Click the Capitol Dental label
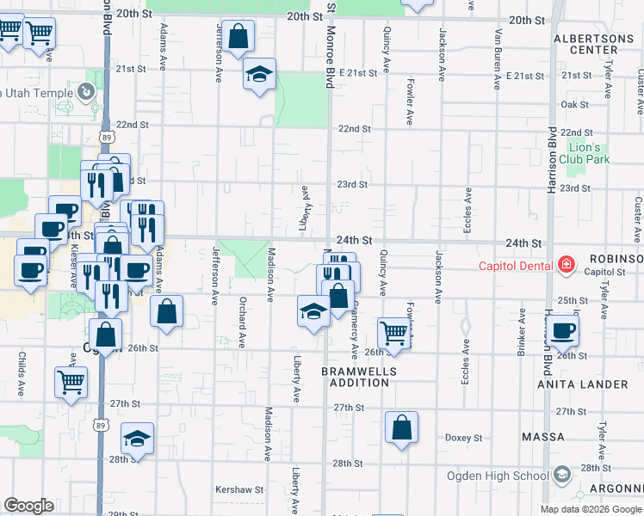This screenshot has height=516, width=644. pyautogui.click(x=517, y=266)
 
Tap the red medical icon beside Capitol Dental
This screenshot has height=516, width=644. pyautogui.click(x=566, y=265)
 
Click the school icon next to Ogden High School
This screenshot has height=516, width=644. pyautogui.click(x=562, y=475)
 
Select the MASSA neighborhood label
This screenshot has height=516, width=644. pyautogui.click(x=543, y=437)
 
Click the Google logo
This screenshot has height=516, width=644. pyautogui.click(x=28, y=506)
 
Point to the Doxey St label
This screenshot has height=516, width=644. pyautogui.click(x=464, y=438)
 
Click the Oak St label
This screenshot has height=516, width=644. pyautogui.click(x=574, y=104)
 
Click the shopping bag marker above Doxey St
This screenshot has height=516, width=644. pyautogui.click(x=401, y=427)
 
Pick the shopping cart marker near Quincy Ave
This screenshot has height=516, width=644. pyautogui.click(x=393, y=332)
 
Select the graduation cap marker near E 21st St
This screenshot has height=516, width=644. pyautogui.click(x=258, y=75)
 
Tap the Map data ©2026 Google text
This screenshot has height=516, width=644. pyautogui.click(x=590, y=509)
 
